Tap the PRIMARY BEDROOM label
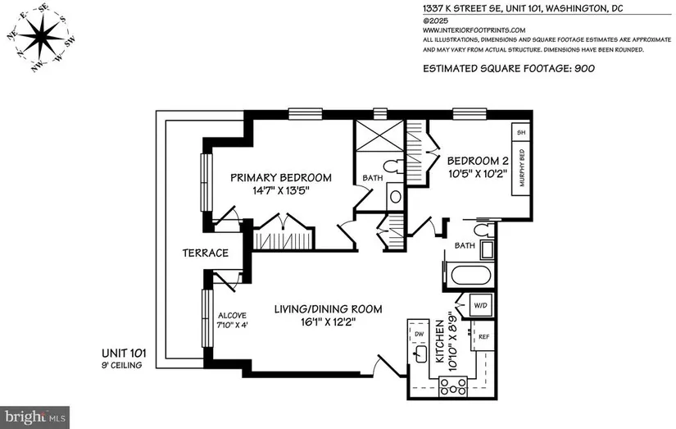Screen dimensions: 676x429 point(281,177)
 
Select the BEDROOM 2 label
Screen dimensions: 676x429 point(478,161)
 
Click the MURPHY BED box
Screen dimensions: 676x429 point(520,168)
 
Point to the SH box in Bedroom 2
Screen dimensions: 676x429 point(520,132)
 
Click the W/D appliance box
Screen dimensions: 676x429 point(480,306)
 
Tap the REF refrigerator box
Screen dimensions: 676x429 point(483,335)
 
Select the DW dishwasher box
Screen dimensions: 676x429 point(419,333)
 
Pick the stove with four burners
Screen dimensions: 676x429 point(452,386)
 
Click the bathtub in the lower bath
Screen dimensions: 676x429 point(470,275)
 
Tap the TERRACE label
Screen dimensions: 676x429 point(205,253)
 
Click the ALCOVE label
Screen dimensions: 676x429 point(232,316)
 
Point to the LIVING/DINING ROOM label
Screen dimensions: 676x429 point(328,309)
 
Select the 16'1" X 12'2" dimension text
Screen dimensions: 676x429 point(328,322)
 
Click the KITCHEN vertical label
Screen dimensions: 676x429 point(439,341)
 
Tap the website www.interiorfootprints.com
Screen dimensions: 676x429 point(474,30)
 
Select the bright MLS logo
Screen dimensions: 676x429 point(34,418)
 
